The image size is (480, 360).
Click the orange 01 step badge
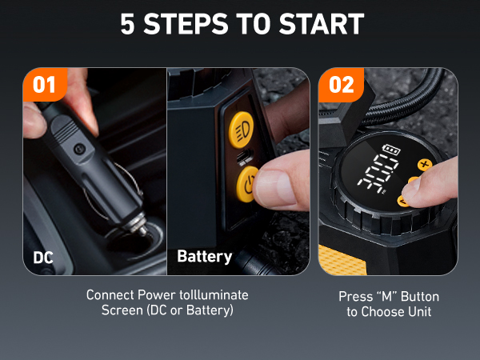(x=45, y=84)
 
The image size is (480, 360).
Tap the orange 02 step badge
(x=342, y=84)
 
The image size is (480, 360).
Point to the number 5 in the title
(x=128, y=24)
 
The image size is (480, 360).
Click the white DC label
(x=43, y=258)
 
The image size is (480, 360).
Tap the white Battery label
(x=204, y=258)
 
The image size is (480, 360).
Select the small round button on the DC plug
(x=78, y=150)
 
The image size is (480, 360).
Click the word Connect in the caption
(x=110, y=295)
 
